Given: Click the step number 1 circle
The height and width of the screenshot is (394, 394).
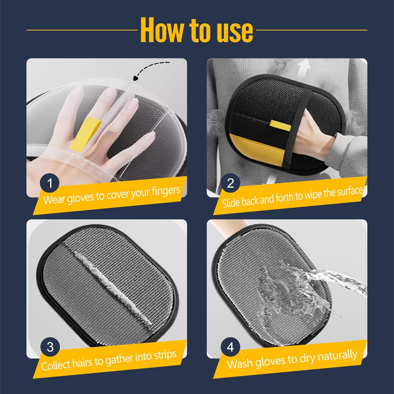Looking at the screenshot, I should click(50, 183).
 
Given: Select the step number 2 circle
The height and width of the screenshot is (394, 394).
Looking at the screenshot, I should click(230, 183).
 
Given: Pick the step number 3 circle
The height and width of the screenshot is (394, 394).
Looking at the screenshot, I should click(50, 347).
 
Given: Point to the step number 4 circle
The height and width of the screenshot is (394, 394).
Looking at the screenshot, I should click(230, 347).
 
